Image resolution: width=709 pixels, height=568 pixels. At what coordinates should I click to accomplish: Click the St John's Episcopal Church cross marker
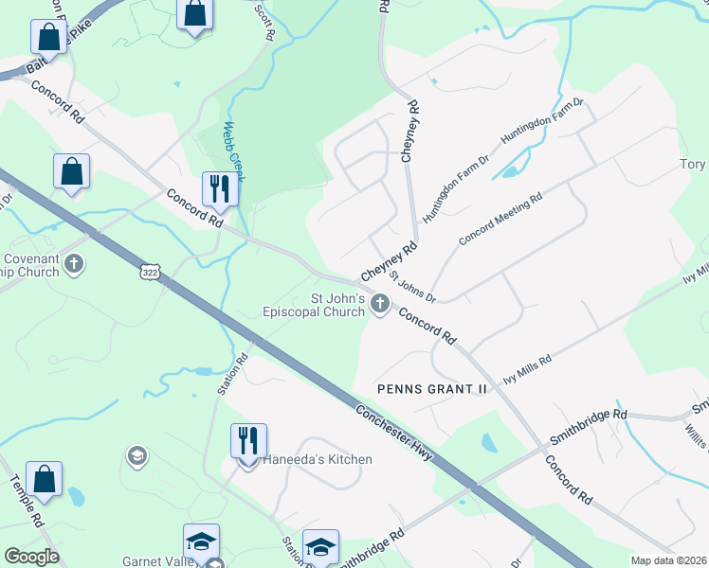point(379,303)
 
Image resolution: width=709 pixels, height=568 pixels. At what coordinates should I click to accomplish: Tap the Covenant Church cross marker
point(74,263)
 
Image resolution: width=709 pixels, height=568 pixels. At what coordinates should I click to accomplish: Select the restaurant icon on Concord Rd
point(221,188)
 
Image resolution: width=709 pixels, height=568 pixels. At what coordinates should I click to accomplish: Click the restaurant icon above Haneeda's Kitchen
point(248,439)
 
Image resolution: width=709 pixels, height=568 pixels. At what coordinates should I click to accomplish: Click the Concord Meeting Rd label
point(500,220)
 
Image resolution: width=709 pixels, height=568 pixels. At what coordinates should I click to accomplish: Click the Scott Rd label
point(265,20)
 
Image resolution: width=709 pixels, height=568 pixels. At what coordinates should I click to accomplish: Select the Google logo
point(31,557)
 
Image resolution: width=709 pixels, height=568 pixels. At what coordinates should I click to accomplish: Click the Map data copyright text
point(667,560)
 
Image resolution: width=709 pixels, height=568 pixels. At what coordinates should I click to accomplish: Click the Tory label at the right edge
point(693,165)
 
